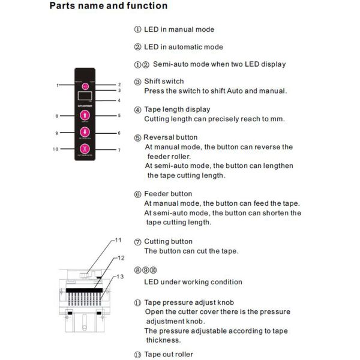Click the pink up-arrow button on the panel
click(85, 116)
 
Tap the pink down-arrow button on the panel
click(85, 133)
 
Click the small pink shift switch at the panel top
click(85, 86)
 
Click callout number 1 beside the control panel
click(58, 86)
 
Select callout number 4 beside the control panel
click(119, 100)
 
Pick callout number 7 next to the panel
click(119, 150)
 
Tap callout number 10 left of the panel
click(55, 149)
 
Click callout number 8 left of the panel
click(56, 116)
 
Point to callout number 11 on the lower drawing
click(118, 240)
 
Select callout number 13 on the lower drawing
click(120, 276)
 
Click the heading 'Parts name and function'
click(109, 7)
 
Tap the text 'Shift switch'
click(164, 81)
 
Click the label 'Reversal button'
click(170, 137)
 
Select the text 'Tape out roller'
click(169, 355)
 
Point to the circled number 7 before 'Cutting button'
click(137, 242)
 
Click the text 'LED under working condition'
click(193, 282)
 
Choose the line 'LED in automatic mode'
click(183, 47)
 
